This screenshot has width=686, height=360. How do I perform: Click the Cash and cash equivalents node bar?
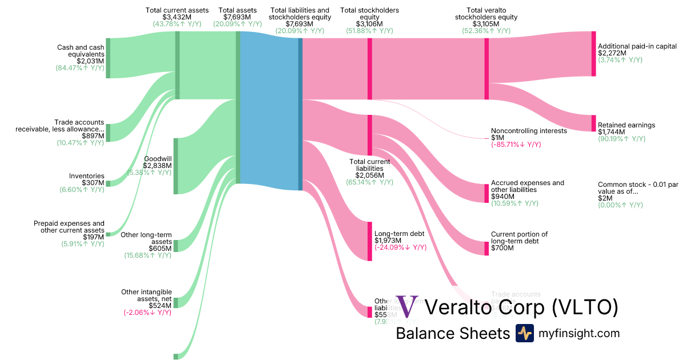tap(108, 58)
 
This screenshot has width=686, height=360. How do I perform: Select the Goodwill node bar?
tap(176, 166)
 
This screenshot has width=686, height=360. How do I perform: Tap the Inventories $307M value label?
tap(93, 183)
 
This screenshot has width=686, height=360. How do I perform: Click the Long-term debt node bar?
tap(370, 241)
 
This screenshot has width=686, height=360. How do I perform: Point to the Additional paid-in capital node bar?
tap(593, 54)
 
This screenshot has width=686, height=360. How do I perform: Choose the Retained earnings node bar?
tap(593, 123)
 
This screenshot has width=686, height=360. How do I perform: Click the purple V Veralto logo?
tap(408, 307)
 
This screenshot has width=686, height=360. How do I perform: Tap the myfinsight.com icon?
tap(524, 333)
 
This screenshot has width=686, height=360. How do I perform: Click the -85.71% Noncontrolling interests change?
tap(516, 145)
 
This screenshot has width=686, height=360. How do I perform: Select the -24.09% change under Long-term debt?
tap(400, 247)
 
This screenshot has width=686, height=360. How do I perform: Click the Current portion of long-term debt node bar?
tap(486, 245)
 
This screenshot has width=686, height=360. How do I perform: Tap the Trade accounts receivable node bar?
tap(108, 133)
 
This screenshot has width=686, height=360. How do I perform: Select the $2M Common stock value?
tap(604, 198)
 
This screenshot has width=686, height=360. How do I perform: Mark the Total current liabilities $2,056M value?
tap(370, 175)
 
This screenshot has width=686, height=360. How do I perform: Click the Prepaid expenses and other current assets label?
tap(69, 227)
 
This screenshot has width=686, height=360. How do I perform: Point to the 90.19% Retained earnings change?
tap(621, 139)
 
